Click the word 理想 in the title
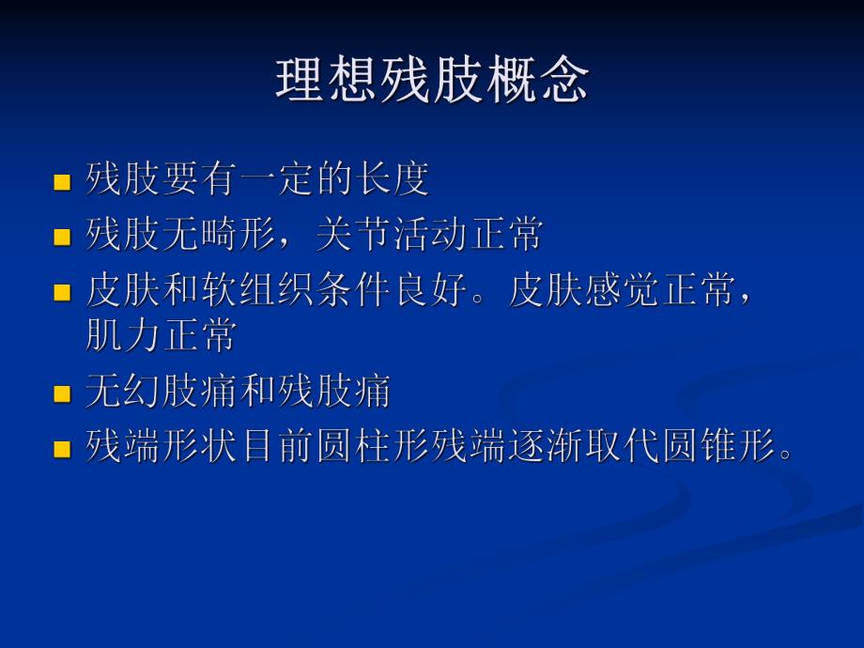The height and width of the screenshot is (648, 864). pyautogui.click(x=328, y=81)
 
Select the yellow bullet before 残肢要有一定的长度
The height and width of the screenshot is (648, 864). pyautogui.click(x=63, y=182)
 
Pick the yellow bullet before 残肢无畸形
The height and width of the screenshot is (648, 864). pyautogui.click(x=63, y=237)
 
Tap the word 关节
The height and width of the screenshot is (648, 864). pyautogui.click(x=353, y=235)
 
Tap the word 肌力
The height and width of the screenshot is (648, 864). pyautogui.click(x=123, y=335)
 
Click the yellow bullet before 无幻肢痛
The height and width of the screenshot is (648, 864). pyautogui.click(x=63, y=393)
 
